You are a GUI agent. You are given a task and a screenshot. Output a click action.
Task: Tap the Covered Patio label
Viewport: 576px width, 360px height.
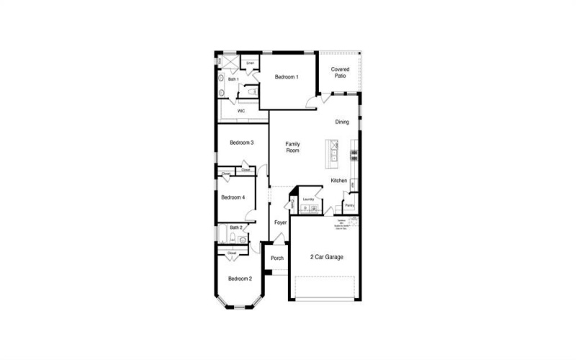[341, 72]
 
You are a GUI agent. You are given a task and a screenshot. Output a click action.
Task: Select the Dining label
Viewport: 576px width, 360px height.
[342, 122]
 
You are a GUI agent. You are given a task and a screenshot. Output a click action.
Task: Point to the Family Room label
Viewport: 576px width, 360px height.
[292, 147]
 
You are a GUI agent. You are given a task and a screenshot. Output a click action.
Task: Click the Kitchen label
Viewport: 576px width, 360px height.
[339, 181]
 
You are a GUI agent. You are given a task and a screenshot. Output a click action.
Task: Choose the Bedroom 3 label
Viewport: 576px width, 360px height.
[241, 143]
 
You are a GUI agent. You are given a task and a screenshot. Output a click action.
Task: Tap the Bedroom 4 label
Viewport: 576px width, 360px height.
[233, 197]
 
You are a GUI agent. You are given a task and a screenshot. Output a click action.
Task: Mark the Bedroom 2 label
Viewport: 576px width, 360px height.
[240, 279]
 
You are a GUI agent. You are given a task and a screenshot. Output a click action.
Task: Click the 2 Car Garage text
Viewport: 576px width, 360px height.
[326, 257]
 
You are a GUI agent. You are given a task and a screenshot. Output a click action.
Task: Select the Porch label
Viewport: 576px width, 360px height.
[277, 258]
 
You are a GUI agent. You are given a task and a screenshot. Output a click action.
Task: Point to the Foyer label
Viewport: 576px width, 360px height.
[280, 222]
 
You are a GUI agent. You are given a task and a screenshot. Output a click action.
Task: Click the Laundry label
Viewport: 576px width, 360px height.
[309, 199]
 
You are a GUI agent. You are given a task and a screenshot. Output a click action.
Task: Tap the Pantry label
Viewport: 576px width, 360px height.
[349, 205]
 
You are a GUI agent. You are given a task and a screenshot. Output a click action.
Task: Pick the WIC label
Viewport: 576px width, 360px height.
[241, 111]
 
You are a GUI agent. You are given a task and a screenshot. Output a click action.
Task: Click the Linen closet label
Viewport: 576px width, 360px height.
[250, 63]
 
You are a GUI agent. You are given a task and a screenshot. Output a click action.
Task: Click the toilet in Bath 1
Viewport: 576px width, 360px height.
[251, 92]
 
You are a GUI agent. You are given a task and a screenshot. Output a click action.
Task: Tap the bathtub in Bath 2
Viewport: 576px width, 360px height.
[221, 234]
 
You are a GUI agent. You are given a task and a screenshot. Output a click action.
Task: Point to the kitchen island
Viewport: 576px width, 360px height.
[334, 151]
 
